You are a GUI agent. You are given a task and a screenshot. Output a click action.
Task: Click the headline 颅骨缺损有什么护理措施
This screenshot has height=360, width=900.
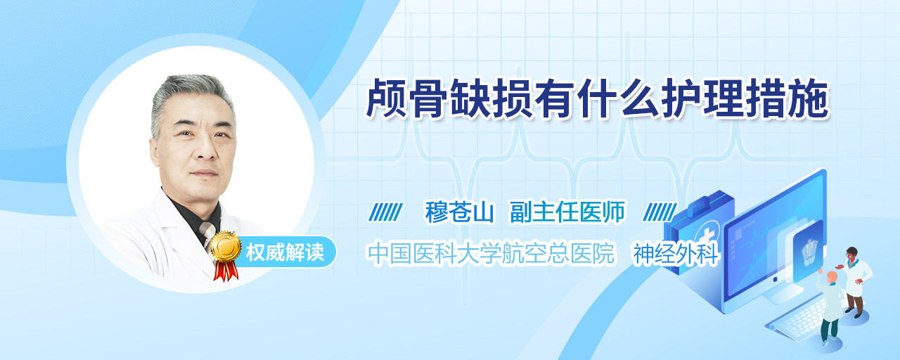598,98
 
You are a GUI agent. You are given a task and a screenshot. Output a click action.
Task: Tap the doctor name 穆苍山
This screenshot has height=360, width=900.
459,212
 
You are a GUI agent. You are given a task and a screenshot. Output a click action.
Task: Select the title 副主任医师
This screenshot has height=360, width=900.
567,212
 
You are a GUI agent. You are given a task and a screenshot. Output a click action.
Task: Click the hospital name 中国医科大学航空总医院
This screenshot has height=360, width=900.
491,253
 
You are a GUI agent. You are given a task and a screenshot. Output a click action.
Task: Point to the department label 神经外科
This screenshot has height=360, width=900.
676,254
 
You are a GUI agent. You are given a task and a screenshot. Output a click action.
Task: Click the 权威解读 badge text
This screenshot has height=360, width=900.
285,252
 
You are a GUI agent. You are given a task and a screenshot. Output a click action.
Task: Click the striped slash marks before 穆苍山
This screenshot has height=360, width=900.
385,212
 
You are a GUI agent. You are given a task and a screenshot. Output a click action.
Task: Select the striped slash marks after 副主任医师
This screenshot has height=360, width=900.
660,212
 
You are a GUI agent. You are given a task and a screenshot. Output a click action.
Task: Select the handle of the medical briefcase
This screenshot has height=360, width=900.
704,201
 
